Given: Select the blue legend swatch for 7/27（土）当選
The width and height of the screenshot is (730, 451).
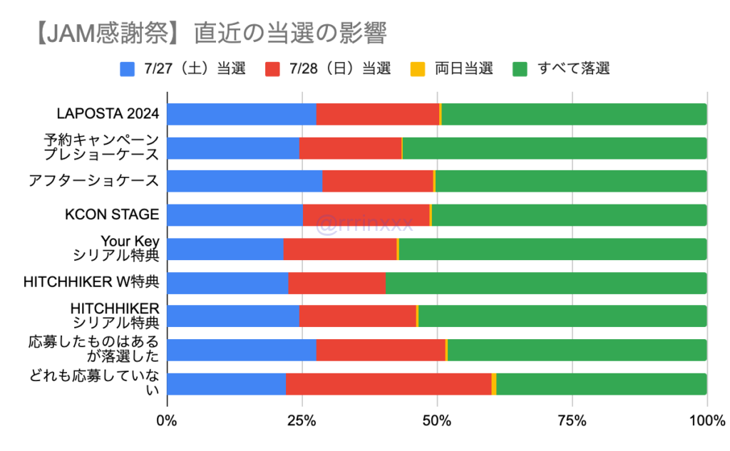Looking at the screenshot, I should coord(128,69).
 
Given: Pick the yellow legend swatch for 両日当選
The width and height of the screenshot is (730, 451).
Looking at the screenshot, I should coord(418,69).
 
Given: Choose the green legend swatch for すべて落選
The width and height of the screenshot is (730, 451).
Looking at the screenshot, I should coord(521,69).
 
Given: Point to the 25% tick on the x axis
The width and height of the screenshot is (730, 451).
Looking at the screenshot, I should coord(302,420).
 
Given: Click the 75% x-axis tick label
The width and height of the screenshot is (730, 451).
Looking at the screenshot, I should coord(572,420).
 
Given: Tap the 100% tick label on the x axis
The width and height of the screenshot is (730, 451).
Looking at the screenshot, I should coord(706,420).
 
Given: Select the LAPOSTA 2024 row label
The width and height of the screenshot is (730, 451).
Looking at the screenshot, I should coord(108,114).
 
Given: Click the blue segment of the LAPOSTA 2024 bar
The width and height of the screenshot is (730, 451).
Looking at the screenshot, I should coord(241,114).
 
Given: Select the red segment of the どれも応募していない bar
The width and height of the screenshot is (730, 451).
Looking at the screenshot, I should coord(389,383).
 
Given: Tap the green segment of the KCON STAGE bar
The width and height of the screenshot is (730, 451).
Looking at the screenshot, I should coord(569,214).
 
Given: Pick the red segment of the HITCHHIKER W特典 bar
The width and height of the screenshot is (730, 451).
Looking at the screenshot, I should coord(336,282).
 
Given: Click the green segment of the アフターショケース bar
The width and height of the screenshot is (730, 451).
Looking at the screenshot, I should coord(570,181).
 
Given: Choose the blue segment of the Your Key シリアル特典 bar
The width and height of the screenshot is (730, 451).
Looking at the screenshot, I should coord(225,249).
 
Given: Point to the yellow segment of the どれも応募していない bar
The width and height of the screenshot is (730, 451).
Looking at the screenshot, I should coord(494,383).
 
